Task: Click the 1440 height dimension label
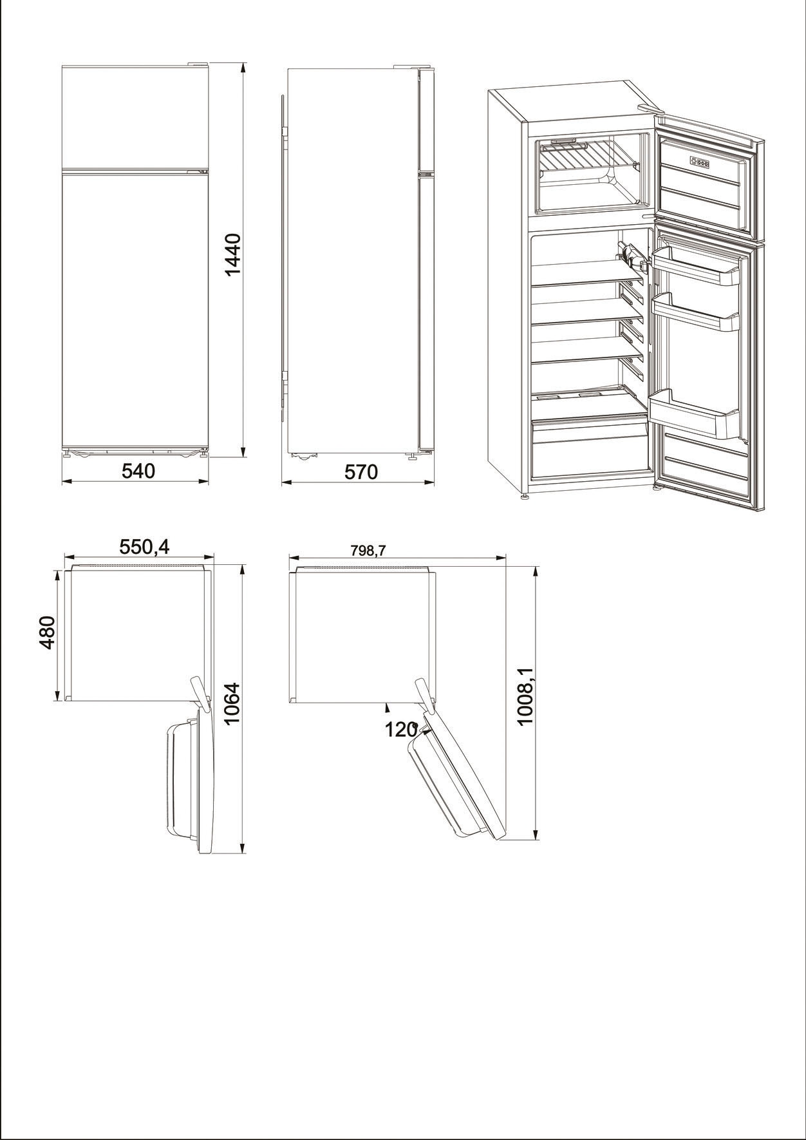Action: pos(232,254)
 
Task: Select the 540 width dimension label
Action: pos(138,471)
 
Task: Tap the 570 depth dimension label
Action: pos(361,472)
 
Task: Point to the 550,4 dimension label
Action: pos(144,547)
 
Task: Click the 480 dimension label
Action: pos(48,632)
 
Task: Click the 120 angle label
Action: pos(401,730)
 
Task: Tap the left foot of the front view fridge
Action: pos(67,454)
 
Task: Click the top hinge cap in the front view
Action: pos(198,63)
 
